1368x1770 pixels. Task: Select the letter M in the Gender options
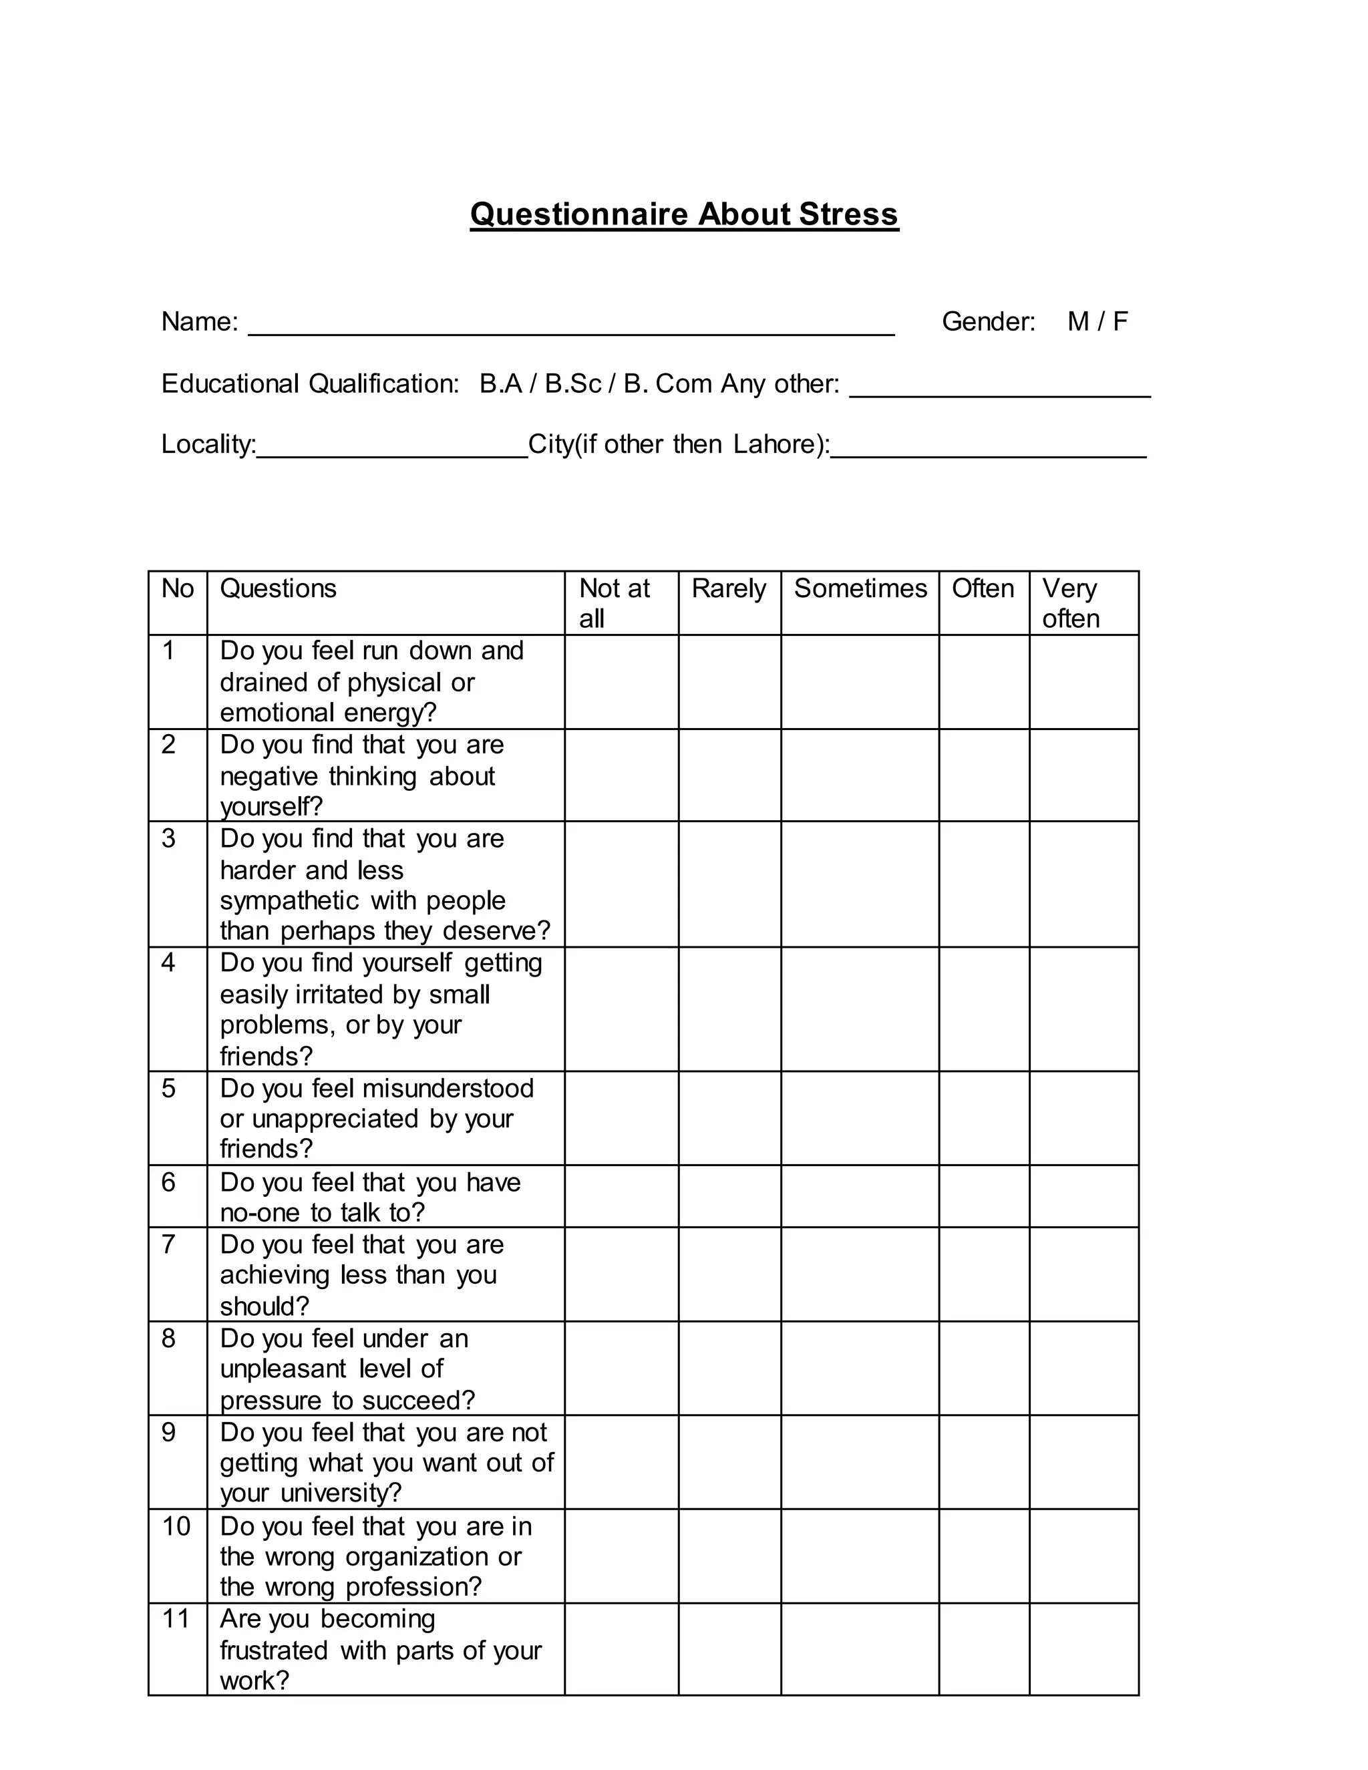click(1078, 322)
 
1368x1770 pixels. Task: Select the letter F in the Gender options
click(1120, 322)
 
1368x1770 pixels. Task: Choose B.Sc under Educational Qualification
click(572, 383)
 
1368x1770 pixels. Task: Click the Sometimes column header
click(860, 588)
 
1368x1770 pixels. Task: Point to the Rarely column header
click(729, 588)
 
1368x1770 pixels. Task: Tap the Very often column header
click(1071, 603)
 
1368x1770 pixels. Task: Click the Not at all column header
click(615, 603)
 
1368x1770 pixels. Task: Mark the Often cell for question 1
click(984, 681)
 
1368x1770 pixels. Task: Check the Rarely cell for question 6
click(729, 1196)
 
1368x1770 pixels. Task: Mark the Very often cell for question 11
click(1083, 1648)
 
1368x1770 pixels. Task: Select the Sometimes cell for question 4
click(860, 1009)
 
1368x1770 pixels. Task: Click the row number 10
click(176, 1527)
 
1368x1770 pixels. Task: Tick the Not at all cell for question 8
click(621, 1368)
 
